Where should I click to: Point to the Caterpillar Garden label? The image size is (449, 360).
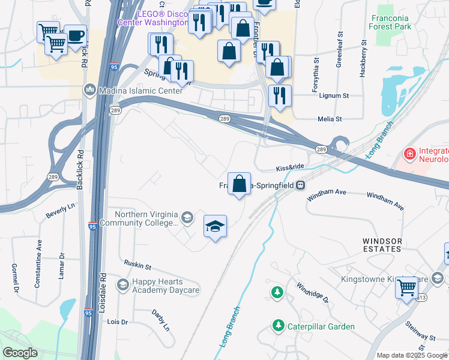320,326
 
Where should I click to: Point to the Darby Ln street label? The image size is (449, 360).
161,320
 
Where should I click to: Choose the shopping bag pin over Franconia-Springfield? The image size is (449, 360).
239,183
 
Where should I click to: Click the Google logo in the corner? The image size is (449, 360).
20,353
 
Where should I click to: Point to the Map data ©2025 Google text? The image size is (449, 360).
411,355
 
